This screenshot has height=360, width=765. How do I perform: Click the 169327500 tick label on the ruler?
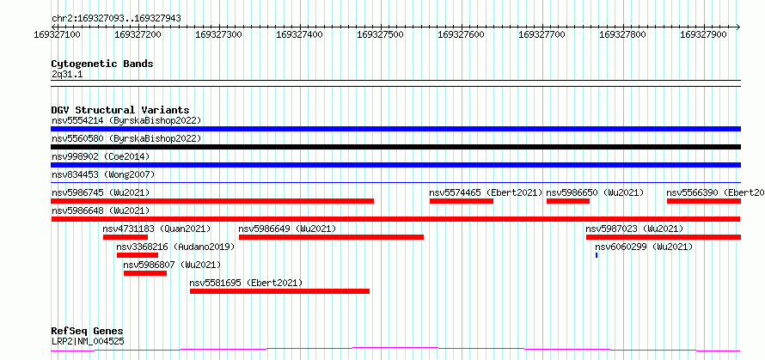click(x=381, y=34)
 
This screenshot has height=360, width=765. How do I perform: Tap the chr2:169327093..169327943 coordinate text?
click(x=116, y=19)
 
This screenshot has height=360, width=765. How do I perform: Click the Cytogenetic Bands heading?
click(x=102, y=64)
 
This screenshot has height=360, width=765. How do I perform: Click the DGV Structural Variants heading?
click(x=120, y=110)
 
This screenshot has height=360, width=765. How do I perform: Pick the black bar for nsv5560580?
click(x=395, y=147)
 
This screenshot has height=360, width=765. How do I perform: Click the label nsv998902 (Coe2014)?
click(x=101, y=156)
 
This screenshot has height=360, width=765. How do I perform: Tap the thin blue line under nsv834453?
click(x=395, y=182)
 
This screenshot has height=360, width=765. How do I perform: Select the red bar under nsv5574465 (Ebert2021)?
click(x=462, y=201)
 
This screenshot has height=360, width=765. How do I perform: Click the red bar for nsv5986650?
click(x=568, y=201)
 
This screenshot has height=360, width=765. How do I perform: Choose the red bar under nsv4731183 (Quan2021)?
click(x=125, y=237)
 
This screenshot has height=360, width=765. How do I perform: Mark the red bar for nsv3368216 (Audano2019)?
click(x=138, y=255)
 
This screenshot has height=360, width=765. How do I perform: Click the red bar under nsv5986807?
click(x=145, y=273)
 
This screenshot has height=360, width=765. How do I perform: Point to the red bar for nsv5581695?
click(x=279, y=291)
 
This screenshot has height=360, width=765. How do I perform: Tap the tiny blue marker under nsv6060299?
click(x=597, y=255)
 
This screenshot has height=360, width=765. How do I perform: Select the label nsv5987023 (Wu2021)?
click(x=634, y=229)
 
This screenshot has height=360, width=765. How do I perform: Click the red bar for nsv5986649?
click(x=331, y=237)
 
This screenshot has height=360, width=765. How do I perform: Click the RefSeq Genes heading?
click(x=88, y=332)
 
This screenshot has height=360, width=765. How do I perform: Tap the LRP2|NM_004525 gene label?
click(x=88, y=341)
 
